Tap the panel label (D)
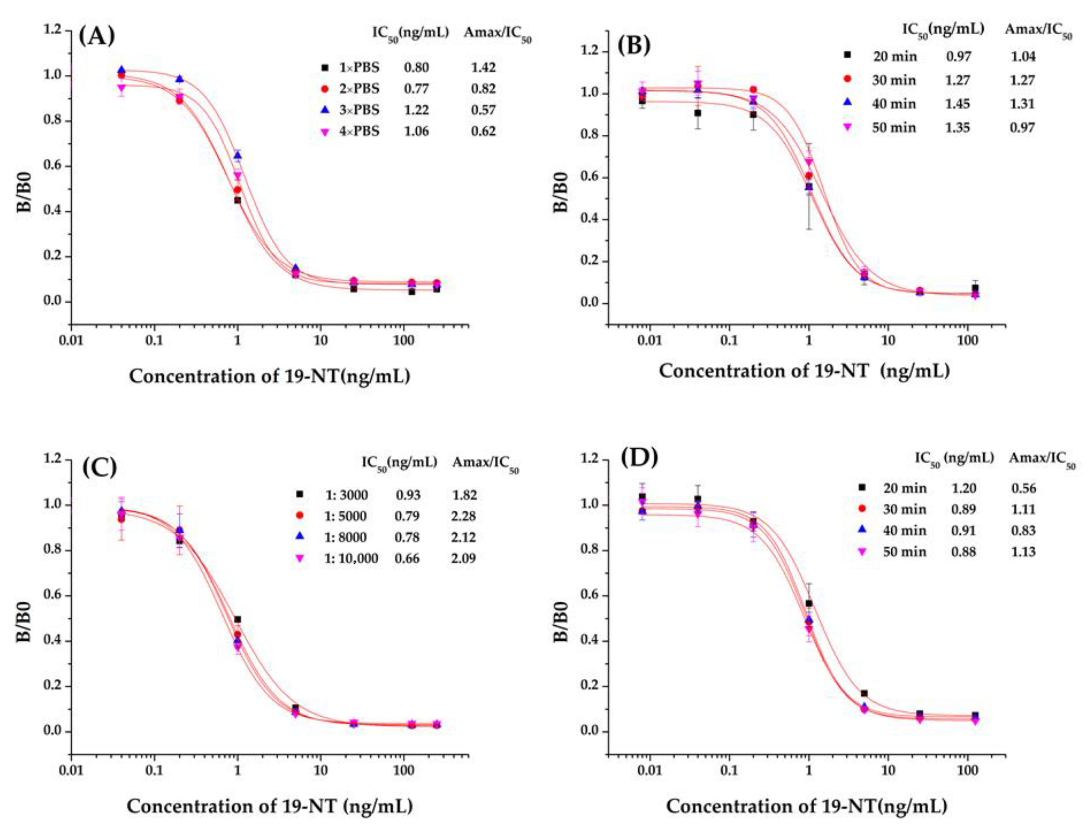(640, 458)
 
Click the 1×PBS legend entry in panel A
(359, 67)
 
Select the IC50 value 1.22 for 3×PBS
(416, 110)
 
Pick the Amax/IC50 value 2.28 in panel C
(465, 516)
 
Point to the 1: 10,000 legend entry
(351, 558)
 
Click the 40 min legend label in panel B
(894, 103)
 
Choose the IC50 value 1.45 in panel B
(958, 103)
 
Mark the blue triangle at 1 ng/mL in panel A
(237, 155)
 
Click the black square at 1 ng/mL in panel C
(237, 619)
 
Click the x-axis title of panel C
(270, 806)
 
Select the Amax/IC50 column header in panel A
(497, 34)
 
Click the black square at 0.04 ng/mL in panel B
(697, 113)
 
